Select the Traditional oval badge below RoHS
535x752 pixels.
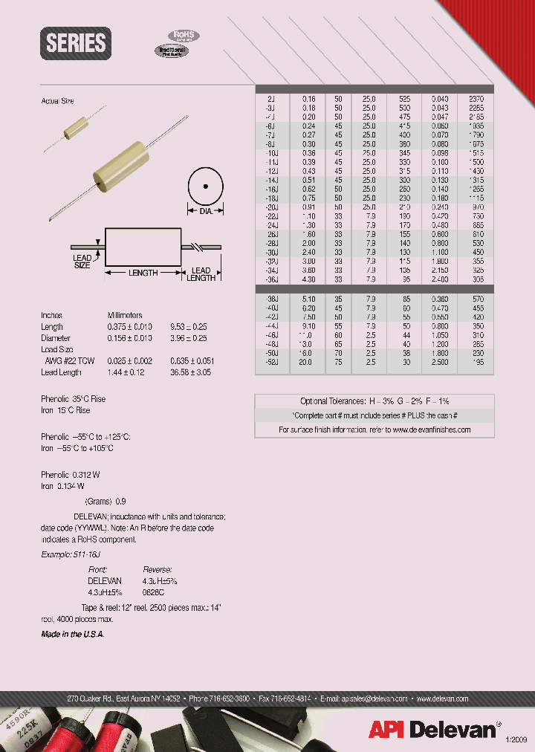tap(171, 51)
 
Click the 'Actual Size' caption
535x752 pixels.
tap(57, 101)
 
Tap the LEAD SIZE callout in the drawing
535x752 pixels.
tap(82, 261)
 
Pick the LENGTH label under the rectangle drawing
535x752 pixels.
tap(143, 273)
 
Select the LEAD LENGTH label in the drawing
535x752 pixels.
tap(201, 274)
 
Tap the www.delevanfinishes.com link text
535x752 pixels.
tap(432, 430)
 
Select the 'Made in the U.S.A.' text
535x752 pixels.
tap(72, 634)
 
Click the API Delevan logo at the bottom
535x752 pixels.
tap(432, 730)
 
